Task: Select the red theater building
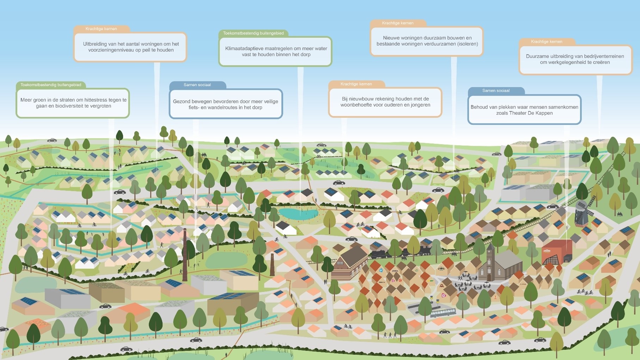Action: click(x=556, y=252)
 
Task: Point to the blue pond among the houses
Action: click(x=298, y=213)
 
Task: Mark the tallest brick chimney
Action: click(x=185, y=254)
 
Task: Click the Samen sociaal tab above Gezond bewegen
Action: click(x=197, y=85)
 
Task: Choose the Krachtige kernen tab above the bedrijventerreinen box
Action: click(x=546, y=42)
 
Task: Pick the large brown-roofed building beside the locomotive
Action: click(x=351, y=262)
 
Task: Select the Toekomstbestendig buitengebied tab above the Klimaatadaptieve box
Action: click(x=253, y=33)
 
